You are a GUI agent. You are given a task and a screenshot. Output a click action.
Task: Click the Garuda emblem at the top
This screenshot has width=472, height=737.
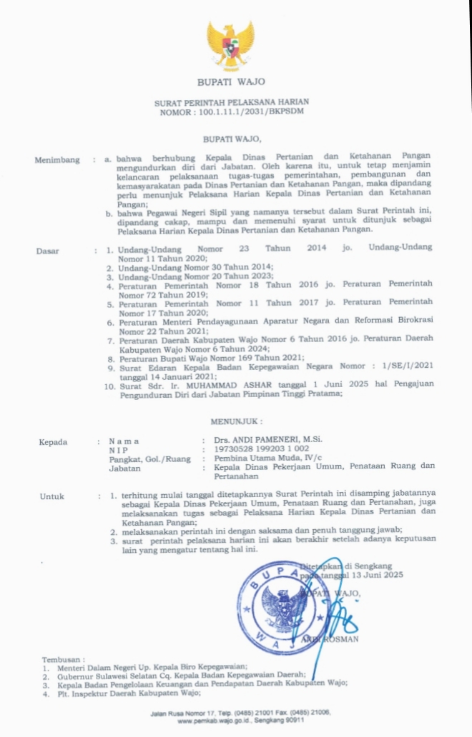(x=230, y=45)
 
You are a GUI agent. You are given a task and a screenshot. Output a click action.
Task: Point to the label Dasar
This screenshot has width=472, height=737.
(x=48, y=251)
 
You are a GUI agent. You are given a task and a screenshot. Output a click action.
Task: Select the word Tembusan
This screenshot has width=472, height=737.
(x=63, y=660)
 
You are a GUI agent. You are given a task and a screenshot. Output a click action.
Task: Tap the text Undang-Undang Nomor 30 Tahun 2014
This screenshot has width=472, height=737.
(x=186, y=266)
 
